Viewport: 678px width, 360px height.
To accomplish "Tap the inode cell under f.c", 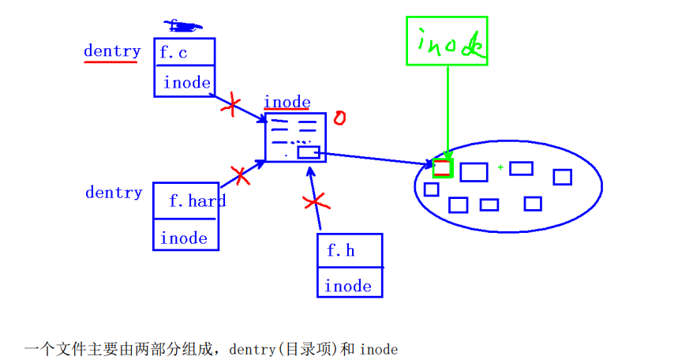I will click(187, 82).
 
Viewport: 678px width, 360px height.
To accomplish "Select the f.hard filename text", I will click(197, 201).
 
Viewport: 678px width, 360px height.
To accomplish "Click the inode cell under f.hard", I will click(184, 238).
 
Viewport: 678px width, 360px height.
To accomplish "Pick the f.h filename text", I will click(341, 251).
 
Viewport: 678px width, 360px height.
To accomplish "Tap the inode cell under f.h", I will click(348, 285).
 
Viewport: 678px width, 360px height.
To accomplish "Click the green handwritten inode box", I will click(447, 41).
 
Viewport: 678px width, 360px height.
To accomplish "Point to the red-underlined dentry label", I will click(112, 51).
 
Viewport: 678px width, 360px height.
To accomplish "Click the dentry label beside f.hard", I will click(114, 192).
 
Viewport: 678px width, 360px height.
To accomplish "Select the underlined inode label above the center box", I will click(287, 103).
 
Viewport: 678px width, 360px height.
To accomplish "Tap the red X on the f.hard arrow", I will click(240, 176).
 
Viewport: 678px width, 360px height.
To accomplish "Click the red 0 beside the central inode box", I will click(339, 118).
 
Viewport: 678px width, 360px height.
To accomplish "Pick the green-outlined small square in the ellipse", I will click(443, 167).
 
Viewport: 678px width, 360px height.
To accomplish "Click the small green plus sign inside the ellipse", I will click(500, 167).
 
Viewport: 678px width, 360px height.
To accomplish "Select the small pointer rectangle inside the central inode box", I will click(308, 152).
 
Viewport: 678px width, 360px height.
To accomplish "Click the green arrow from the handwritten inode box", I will click(448, 111).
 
